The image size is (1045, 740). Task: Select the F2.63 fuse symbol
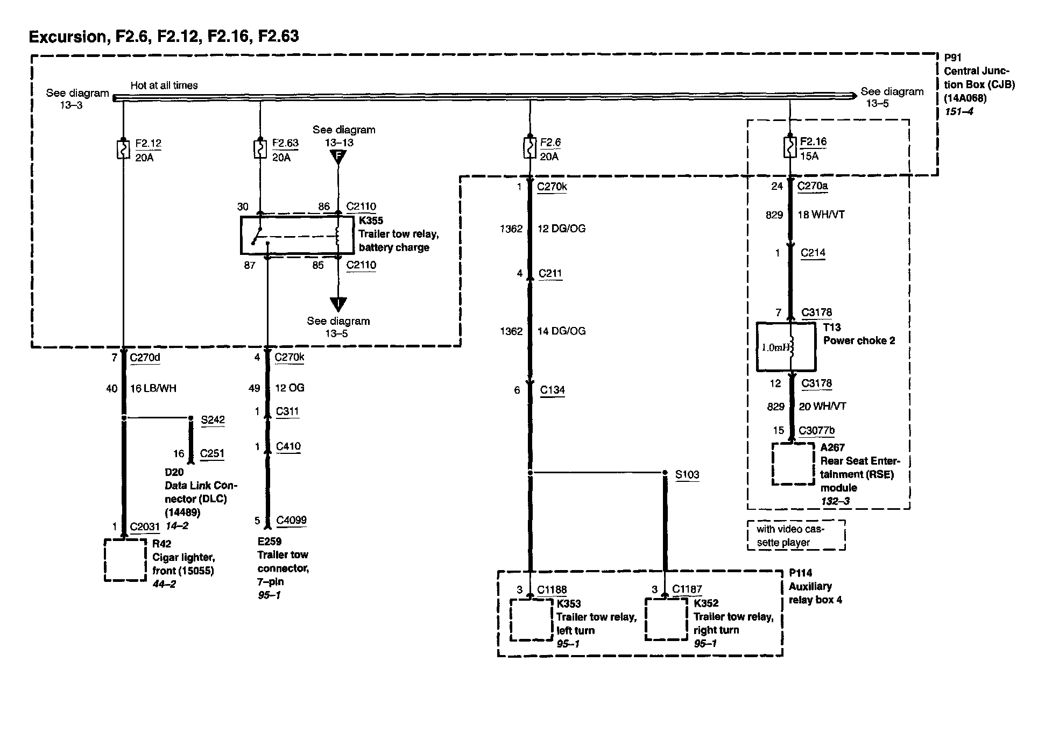tap(260, 150)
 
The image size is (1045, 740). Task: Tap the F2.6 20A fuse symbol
tap(530, 149)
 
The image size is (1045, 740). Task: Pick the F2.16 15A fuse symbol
tap(789, 148)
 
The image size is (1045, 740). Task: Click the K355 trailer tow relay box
tap(298, 235)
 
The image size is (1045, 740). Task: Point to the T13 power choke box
tap(786, 347)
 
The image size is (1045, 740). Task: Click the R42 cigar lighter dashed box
tap(125, 560)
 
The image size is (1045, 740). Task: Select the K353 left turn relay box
tap(532, 620)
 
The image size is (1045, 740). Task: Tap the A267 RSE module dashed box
tap(793, 464)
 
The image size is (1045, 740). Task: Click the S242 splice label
tap(213, 420)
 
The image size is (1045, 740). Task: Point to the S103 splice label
tap(687, 474)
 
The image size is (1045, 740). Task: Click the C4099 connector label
tap(291, 520)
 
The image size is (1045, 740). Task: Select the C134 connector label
tap(553, 390)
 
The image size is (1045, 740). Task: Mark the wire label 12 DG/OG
tap(561, 229)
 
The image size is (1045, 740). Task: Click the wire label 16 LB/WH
tap(153, 388)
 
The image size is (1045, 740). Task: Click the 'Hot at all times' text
tap(164, 86)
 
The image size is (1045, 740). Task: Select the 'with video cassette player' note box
tap(796, 536)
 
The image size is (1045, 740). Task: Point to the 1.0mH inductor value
tap(775, 347)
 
